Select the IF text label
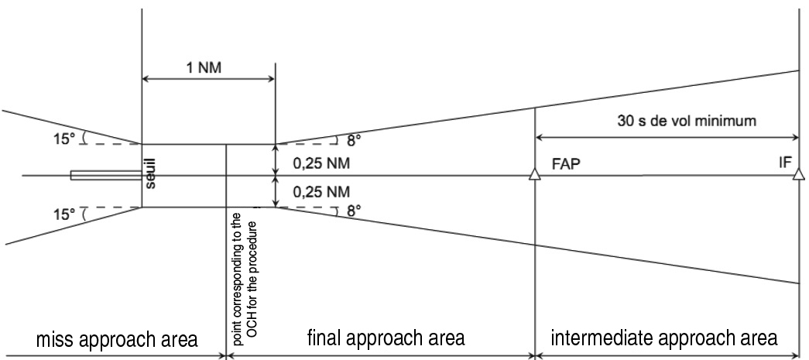pyautogui.click(x=784, y=164)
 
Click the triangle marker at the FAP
pyautogui.click(x=534, y=176)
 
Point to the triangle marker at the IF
pyautogui.click(x=798, y=176)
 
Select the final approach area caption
pyautogui.click(x=385, y=338)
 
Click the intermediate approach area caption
pyautogui.click(x=663, y=338)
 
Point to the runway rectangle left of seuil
pyautogui.click(x=105, y=176)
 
